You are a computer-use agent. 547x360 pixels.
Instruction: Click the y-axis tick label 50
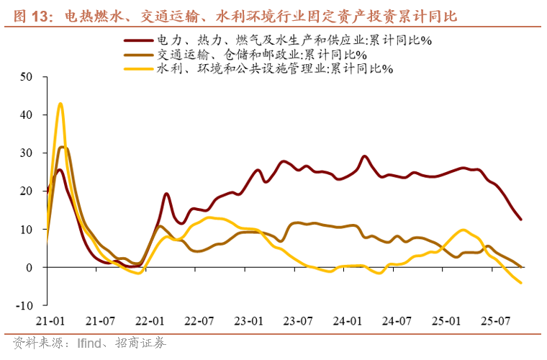(29, 76)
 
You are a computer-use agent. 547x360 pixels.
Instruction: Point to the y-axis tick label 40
(29, 114)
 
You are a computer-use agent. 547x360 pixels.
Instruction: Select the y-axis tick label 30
(29, 153)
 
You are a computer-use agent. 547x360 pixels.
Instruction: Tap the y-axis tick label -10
(27, 305)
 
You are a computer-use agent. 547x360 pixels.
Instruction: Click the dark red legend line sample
(138, 41)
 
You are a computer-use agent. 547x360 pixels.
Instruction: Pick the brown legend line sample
(138, 55)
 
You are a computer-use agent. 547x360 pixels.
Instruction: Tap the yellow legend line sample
(138, 68)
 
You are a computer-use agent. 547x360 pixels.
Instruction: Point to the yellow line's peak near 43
(60, 104)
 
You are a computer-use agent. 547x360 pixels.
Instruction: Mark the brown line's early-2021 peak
(63, 147)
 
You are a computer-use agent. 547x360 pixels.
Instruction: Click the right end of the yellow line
(521, 282)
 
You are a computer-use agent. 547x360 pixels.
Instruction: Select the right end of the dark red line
(521, 219)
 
